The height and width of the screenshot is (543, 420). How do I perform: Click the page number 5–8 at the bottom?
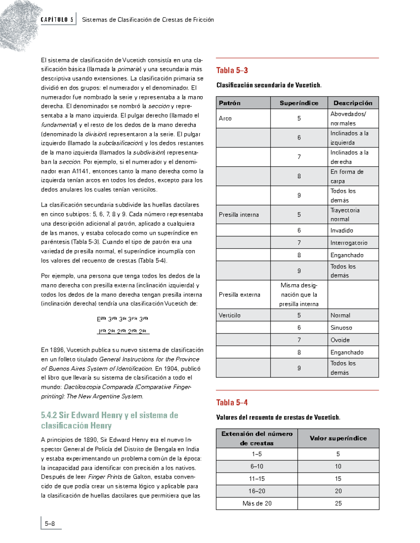point(50,523)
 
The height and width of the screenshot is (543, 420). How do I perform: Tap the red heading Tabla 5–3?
point(232,70)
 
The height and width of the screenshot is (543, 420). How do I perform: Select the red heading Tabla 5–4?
point(232,402)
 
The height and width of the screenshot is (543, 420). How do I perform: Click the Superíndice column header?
point(299,103)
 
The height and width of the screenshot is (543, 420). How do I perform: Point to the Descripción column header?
point(353,103)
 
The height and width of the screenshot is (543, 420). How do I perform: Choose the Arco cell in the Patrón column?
point(225,119)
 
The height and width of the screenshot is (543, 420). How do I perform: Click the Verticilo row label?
point(230,315)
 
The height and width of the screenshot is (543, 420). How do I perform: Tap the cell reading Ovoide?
point(340,340)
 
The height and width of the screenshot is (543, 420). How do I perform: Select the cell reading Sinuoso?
point(341,328)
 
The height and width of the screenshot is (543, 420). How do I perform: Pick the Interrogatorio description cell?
point(349,243)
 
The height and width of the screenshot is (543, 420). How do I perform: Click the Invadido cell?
point(342,230)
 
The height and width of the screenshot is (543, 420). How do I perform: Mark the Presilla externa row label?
point(239,294)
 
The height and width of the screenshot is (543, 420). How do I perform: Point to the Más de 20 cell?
point(257,503)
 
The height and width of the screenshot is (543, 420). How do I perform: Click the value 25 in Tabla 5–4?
point(338,503)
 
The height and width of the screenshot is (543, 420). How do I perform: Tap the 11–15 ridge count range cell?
point(257,479)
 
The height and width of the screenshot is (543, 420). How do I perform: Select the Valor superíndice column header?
point(338,438)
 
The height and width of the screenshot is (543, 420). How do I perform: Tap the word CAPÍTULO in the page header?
point(54,20)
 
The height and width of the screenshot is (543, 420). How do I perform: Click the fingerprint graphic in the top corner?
point(17,24)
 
